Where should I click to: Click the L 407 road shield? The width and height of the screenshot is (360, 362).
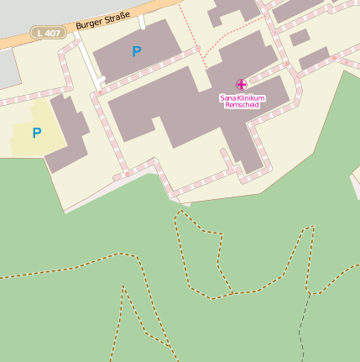[x=49, y=32]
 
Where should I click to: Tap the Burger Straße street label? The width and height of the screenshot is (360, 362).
[x=102, y=18]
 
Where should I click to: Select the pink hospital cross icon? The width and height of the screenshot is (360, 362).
[x=242, y=84]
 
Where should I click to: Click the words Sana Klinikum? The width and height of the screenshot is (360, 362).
[x=242, y=97]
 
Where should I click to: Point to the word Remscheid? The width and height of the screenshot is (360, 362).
[x=242, y=104]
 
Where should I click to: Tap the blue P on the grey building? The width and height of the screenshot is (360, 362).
[x=137, y=52]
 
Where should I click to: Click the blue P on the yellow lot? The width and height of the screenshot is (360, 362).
[x=37, y=133]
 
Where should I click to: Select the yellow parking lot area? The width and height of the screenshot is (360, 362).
[x=25, y=143]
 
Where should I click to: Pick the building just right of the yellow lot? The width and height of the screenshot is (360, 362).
[x=67, y=134]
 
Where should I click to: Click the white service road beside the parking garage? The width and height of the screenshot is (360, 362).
[x=88, y=59]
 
